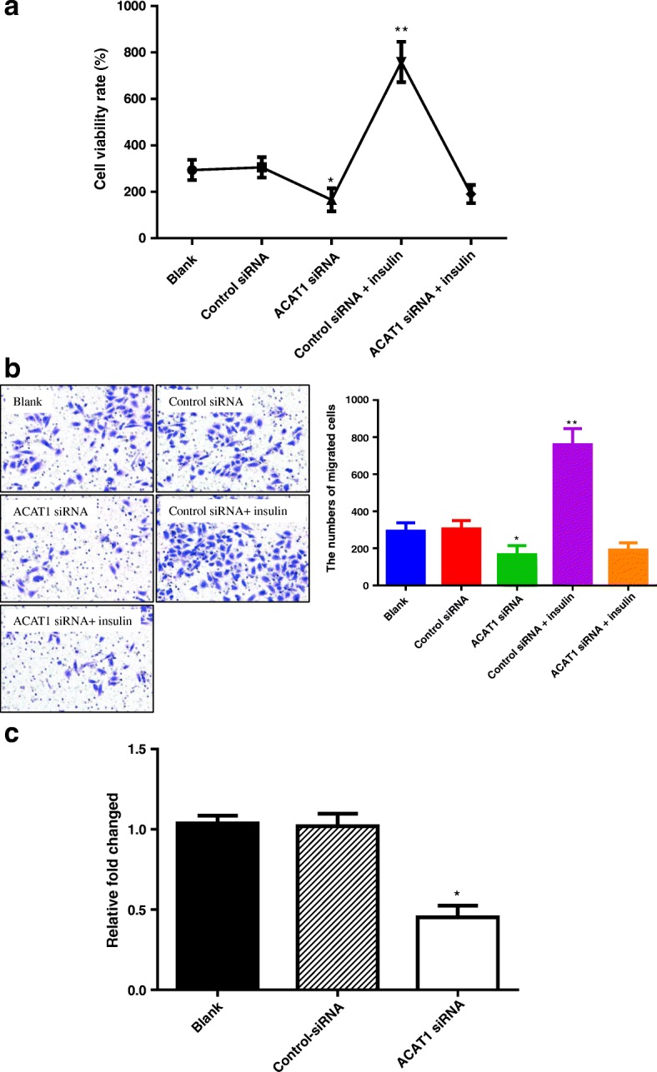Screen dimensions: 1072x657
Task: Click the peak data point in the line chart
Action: coord(401,62)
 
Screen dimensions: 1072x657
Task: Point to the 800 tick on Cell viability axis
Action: coord(132,52)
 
